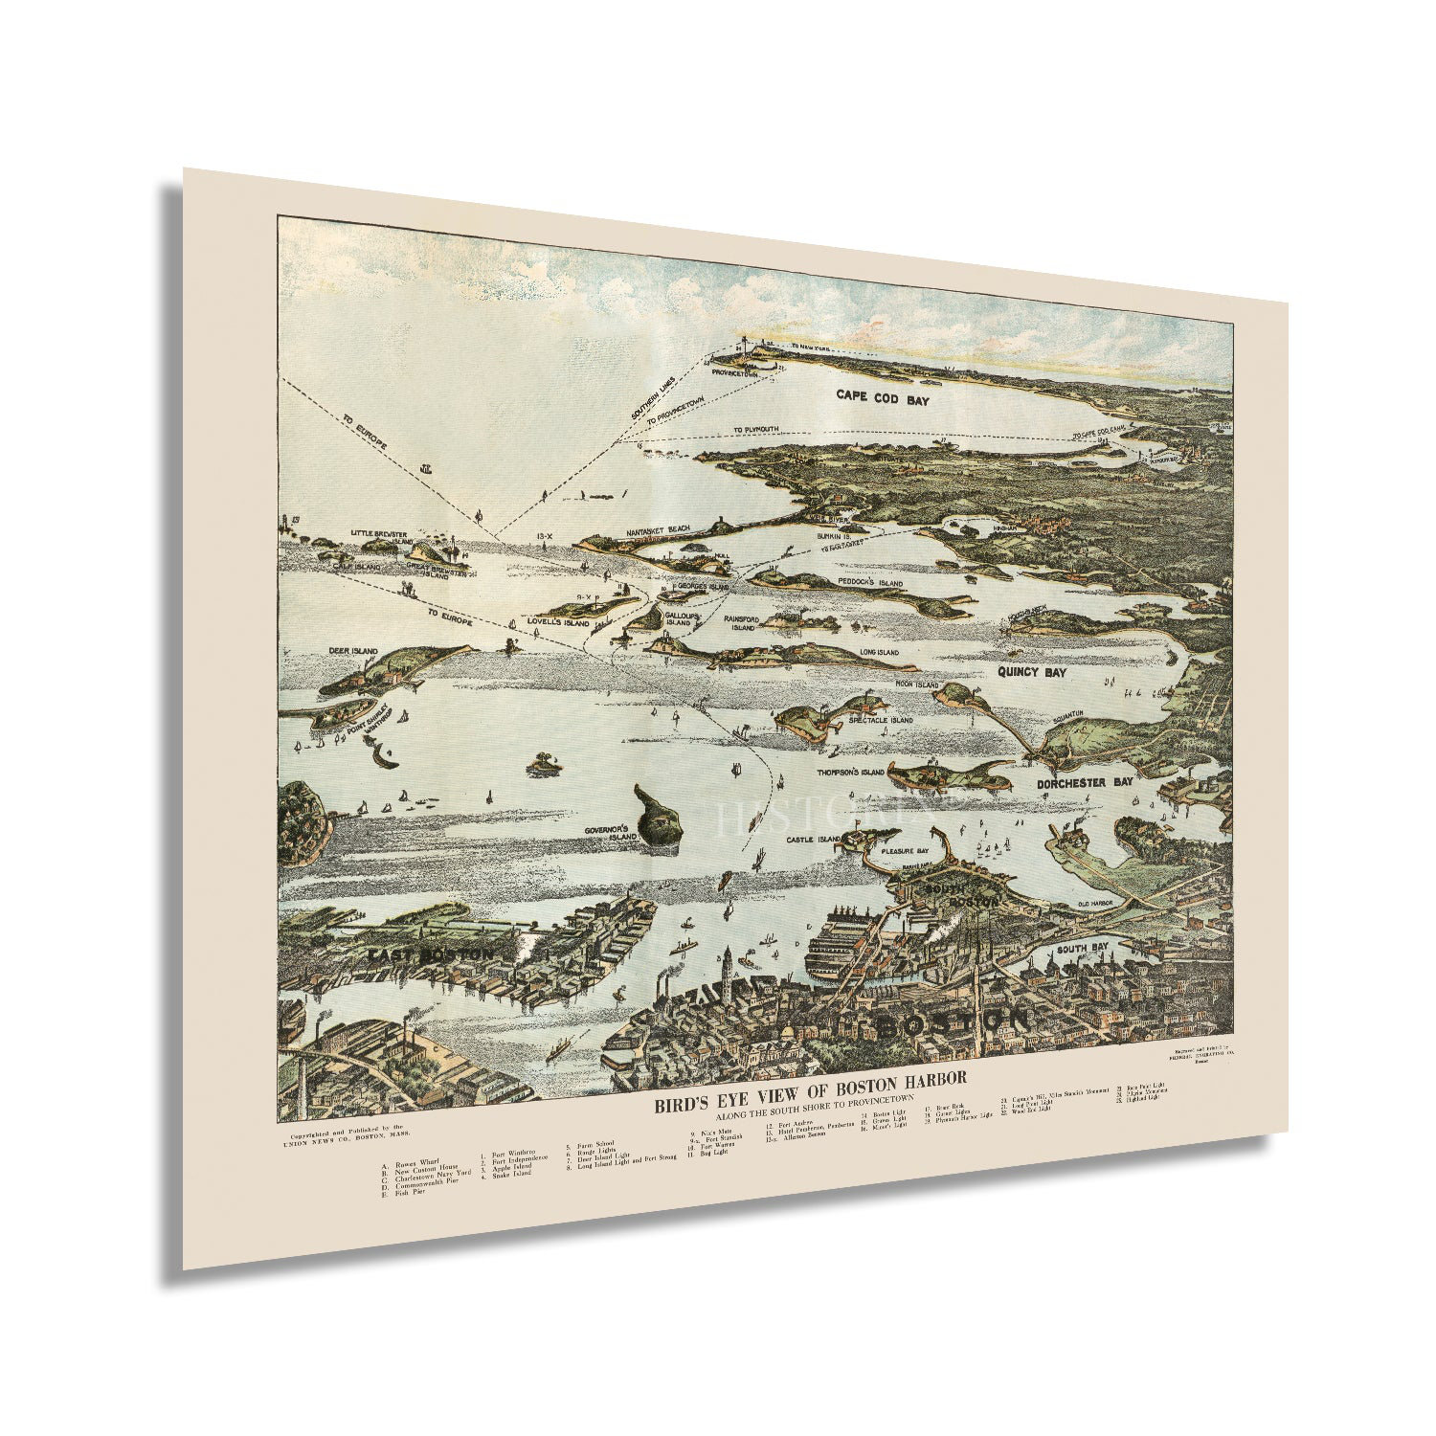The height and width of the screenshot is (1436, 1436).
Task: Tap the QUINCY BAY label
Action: tap(1031, 673)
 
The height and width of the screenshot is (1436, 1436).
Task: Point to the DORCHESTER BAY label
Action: tap(1085, 782)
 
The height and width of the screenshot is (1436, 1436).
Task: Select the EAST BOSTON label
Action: tap(429, 955)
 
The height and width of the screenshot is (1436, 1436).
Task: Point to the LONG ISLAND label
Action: tap(879, 652)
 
